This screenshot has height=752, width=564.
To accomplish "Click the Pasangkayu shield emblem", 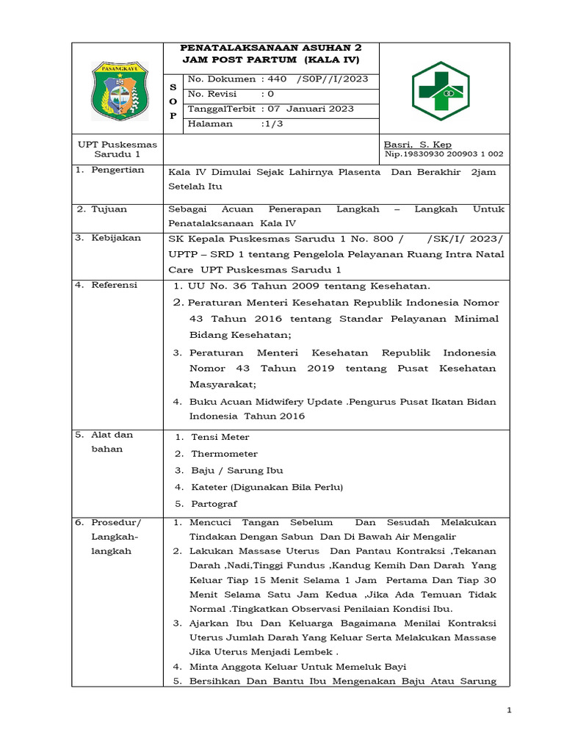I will [x=117, y=91].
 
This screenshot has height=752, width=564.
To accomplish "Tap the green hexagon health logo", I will [x=438, y=90].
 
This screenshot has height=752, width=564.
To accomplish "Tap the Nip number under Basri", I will [x=444, y=154].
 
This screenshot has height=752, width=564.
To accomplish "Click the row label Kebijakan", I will [x=115, y=238].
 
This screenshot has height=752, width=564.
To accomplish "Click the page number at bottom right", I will [x=510, y=710].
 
